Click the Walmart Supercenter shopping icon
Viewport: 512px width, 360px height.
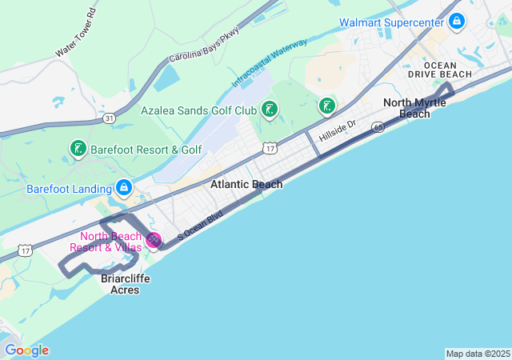tap(456, 21)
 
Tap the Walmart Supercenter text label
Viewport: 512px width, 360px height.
tap(392, 22)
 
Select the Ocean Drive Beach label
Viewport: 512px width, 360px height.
tap(448, 70)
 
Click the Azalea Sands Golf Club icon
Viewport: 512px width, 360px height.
tap(270, 110)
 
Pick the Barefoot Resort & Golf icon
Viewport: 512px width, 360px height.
tap(77, 149)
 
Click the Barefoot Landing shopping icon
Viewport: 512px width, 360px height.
tap(124, 189)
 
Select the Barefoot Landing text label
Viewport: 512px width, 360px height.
tap(69, 190)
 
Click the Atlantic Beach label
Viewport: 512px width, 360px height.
tap(246, 185)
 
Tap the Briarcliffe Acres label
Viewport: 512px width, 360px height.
tap(120, 284)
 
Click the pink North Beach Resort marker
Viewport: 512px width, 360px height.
tap(153, 239)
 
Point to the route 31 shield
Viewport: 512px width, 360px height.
tap(109, 118)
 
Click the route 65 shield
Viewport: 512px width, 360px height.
tap(377, 126)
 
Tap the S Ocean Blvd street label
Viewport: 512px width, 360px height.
tap(199, 226)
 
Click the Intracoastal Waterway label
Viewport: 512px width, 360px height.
tap(270, 62)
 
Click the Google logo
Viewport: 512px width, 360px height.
tap(26, 350)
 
